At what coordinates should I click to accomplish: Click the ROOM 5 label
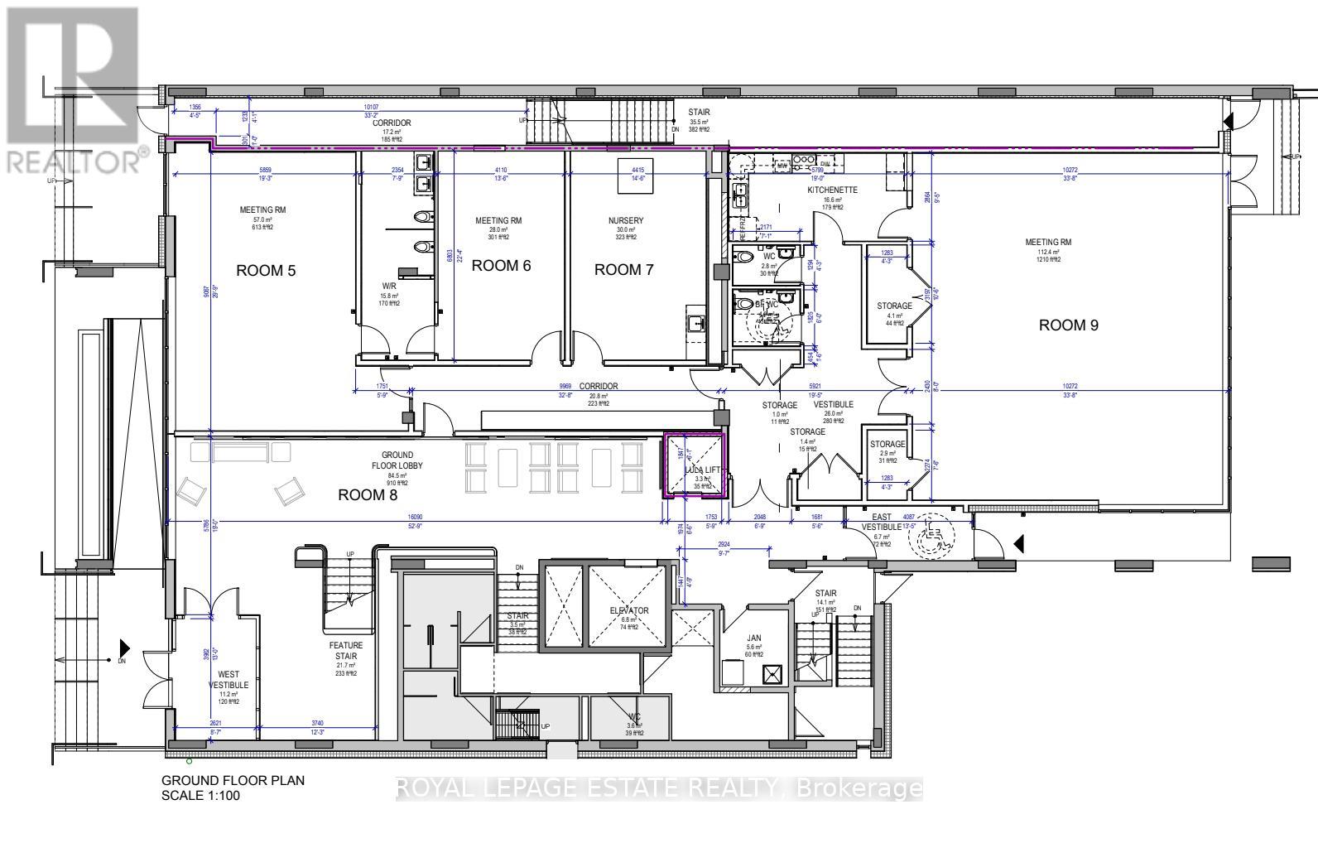coord(266,271)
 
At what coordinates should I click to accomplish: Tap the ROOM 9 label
coord(1068,325)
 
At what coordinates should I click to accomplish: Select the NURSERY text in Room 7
coord(625,221)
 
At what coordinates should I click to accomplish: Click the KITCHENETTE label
coord(832,190)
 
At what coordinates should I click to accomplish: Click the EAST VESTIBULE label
coord(881,522)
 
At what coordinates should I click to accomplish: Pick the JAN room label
coord(753,638)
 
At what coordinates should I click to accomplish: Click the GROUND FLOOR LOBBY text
coord(402,460)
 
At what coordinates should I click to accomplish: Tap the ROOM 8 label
coord(368,495)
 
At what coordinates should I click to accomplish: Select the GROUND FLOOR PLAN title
coord(233,780)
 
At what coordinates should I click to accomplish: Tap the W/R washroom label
coord(389,287)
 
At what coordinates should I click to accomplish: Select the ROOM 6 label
coord(501,266)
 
